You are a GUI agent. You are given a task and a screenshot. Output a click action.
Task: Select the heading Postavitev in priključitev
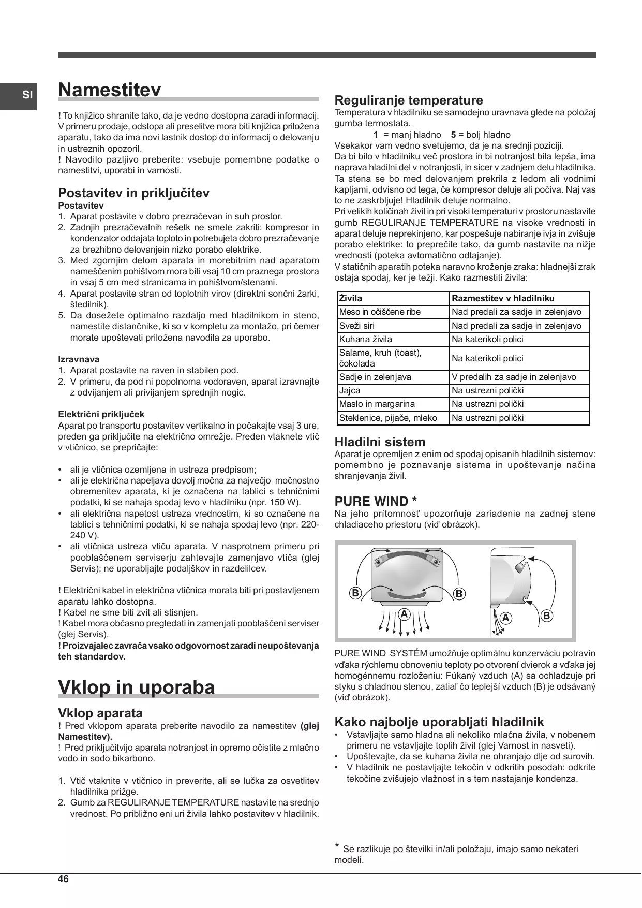click(x=133, y=193)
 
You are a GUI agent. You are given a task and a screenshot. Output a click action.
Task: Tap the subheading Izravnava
click(x=79, y=359)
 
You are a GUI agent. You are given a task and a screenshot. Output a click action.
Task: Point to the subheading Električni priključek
click(x=101, y=414)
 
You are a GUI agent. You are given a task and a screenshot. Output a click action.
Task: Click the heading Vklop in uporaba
click(x=136, y=687)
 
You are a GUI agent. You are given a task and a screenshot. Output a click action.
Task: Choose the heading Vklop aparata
click(x=100, y=713)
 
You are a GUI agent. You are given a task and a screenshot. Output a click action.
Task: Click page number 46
click(x=64, y=879)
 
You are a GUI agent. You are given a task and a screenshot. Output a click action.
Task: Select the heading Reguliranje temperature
click(x=409, y=100)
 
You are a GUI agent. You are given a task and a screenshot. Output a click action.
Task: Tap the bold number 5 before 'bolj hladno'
click(x=453, y=135)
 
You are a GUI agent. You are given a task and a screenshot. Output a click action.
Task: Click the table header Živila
click(x=351, y=298)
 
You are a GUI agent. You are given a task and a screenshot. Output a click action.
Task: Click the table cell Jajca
click(x=350, y=390)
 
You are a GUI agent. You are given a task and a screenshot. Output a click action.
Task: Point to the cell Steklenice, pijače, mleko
click(x=388, y=418)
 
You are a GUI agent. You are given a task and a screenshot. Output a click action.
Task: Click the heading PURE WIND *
click(x=376, y=501)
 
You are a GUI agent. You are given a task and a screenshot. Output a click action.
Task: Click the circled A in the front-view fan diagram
click(x=404, y=614)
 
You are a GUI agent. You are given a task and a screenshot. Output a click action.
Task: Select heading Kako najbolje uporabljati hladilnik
click(x=439, y=722)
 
